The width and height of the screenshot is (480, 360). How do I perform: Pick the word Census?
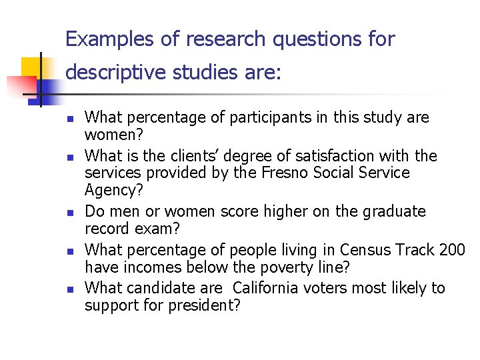tap(366, 250)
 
